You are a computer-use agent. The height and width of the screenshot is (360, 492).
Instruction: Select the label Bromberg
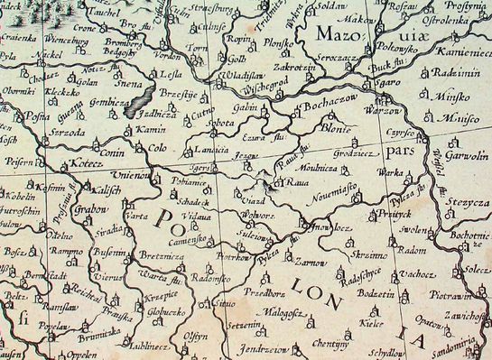124,42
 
